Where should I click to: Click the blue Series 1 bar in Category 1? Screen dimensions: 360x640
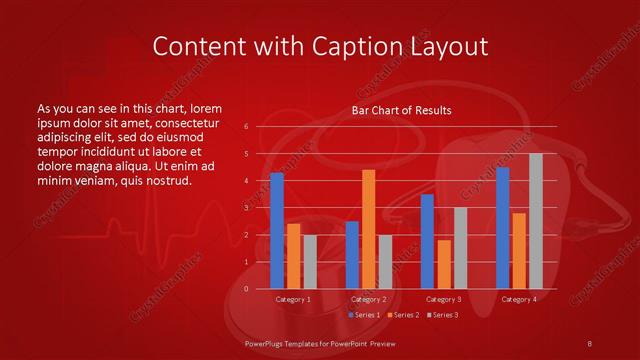point(277,231)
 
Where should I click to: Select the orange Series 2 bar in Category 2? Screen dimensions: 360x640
point(368,229)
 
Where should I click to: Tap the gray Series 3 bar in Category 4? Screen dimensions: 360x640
point(535,221)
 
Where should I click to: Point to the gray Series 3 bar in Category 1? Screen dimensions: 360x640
point(309,262)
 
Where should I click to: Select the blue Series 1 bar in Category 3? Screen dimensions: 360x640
point(427,241)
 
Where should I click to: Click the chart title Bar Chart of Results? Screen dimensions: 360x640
point(401,110)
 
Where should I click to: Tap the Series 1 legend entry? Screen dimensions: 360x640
point(364,315)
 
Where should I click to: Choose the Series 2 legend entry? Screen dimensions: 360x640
point(402,315)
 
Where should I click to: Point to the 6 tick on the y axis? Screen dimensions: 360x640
point(246,127)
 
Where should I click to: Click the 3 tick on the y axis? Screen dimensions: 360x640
point(246,208)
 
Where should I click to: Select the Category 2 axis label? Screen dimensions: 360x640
point(368,299)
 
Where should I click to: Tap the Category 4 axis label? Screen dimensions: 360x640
point(518,299)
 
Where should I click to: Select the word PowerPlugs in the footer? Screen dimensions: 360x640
point(268,343)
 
